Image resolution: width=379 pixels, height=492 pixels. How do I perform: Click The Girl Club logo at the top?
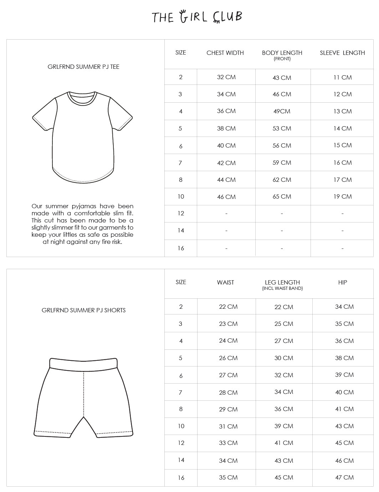197,17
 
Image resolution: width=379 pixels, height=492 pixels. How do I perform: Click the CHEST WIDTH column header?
225,53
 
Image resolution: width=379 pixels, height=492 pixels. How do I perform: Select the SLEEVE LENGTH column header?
342,53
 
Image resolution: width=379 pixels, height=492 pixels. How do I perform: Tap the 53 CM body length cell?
282,128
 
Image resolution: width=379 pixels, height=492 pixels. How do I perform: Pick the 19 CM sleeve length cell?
342,196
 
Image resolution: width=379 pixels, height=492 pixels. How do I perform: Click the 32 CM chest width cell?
226,77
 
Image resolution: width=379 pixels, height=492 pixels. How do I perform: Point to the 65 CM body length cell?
282,196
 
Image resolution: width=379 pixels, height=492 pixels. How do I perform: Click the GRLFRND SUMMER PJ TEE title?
83,67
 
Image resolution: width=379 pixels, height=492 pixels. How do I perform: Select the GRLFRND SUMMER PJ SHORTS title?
83,310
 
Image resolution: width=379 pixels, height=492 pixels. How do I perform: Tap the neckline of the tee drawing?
83,98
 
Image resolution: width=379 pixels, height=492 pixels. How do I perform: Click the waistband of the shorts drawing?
83,363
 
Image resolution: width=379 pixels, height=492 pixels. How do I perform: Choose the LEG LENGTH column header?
282,282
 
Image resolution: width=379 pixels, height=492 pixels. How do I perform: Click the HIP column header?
342,282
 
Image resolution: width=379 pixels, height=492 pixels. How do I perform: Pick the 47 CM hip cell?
344,477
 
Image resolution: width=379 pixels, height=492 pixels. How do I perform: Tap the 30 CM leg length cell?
283,358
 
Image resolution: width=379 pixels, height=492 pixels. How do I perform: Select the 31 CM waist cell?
228,426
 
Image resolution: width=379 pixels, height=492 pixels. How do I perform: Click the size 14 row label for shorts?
181,460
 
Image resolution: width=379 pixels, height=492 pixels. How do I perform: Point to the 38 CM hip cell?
344,358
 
